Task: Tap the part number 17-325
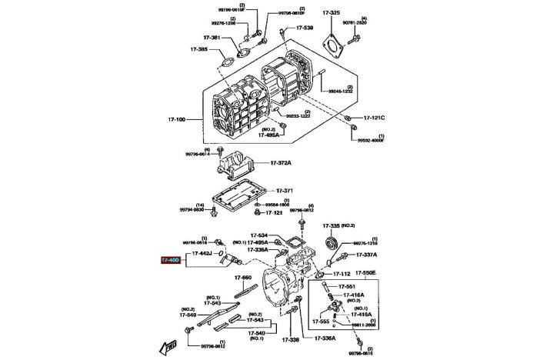tap(331, 13)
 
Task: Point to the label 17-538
tap(304, 28)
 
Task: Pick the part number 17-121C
tap(374, 118)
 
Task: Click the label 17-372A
tap(282, 163)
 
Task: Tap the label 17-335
tap(331, 225)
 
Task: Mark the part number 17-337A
tap(368, 254)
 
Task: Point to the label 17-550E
tap(365, 272)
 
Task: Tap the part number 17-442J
tap(202, 252)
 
